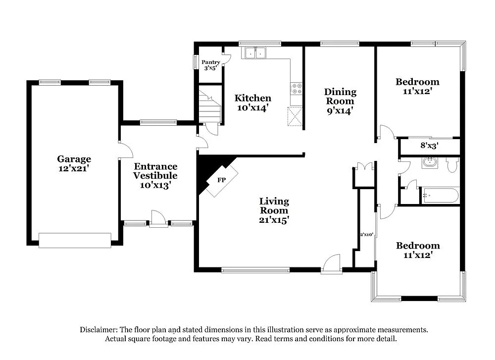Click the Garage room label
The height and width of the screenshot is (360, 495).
(x=74, y=163)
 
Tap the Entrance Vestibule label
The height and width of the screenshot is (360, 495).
(x=155, y=175)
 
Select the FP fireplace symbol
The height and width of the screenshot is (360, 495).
(x=221, y=180)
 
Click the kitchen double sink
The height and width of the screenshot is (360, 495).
(x=255, y=52)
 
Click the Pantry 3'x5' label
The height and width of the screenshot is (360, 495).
(x=211, y=65)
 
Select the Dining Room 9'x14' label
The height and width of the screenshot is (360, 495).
(x=340, y=102)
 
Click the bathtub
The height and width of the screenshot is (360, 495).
(x=440, y=195)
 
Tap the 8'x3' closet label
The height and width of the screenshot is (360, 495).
(x=429, y=146)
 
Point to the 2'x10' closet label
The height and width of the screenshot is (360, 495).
(x=366, y=235)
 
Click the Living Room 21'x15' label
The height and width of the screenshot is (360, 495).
(x=274, y=210)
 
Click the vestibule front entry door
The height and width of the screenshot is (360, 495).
(x=158, y=219)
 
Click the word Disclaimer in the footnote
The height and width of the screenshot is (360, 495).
(x=97, y=329)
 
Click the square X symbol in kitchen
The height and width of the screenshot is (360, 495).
(x=296, y=117)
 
